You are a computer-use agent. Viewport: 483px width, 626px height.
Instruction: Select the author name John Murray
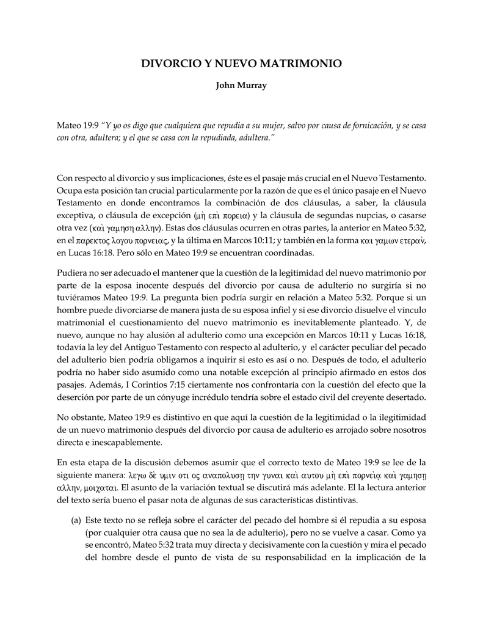pos(241,86)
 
